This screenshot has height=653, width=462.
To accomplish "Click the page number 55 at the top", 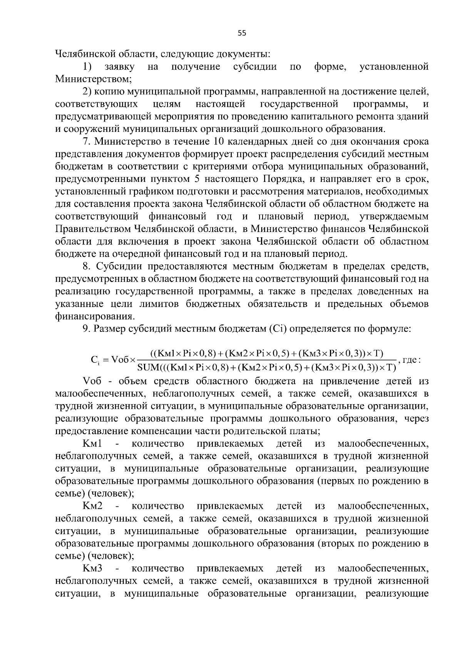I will (241, 33).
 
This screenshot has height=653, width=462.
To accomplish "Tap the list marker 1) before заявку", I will (87, 67).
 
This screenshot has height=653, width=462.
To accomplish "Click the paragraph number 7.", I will (86, 142).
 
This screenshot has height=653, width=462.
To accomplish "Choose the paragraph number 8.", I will (86, 266).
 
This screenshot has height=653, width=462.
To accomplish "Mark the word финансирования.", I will (95, 316).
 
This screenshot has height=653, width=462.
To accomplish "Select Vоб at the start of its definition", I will (92, 381).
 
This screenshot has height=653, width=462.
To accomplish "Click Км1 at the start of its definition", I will (92, 443).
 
